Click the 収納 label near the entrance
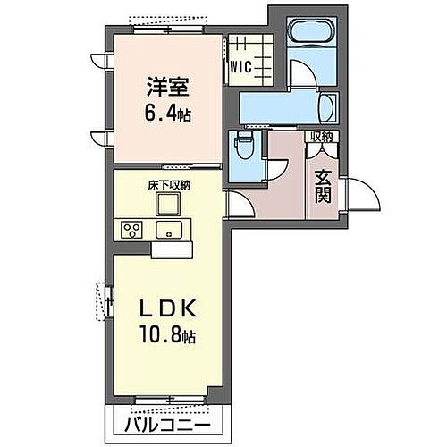click(x=321, y=137)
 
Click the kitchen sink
click(x=169, y=230)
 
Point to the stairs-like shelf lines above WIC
click(x=242, y=46)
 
